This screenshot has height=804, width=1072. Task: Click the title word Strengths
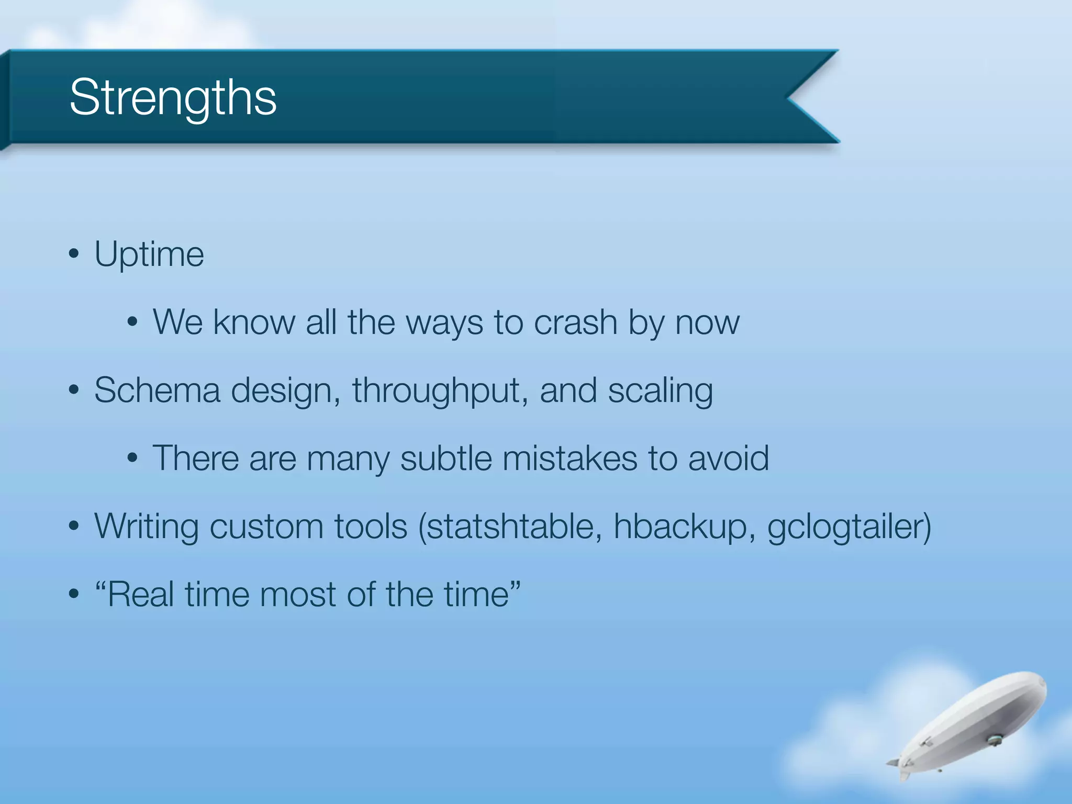[173, 98]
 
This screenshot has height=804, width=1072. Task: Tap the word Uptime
[149, 255]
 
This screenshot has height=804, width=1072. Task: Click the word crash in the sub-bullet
[575, 322]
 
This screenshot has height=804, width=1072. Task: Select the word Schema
[157, 390]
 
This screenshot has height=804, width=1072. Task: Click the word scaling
[660, 392]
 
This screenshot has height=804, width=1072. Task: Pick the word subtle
[445, 459]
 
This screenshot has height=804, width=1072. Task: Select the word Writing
[146, 527]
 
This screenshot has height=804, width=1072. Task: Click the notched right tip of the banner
[790, 97]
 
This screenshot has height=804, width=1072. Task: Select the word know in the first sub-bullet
[254, 322]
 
